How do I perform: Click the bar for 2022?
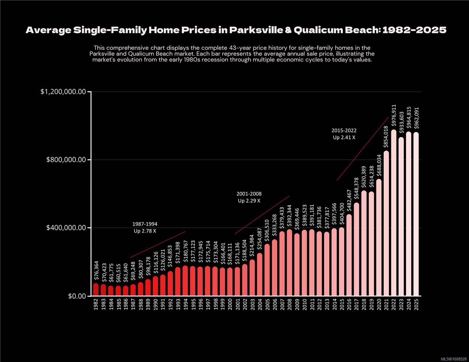394,213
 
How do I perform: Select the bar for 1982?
96,290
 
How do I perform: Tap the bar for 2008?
289,262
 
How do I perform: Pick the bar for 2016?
349,255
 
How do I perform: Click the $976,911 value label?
394,115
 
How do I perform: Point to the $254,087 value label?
259,238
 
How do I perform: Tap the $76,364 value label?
96,271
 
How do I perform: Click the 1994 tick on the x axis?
185,304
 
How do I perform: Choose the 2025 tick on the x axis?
416,304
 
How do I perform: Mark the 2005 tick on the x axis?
267,304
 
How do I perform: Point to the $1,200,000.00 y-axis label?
63,92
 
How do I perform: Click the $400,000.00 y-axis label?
66,228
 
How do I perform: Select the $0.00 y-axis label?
77,296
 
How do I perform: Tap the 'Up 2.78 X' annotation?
145,231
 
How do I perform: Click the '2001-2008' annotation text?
249,194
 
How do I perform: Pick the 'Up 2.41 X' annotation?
344,138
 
